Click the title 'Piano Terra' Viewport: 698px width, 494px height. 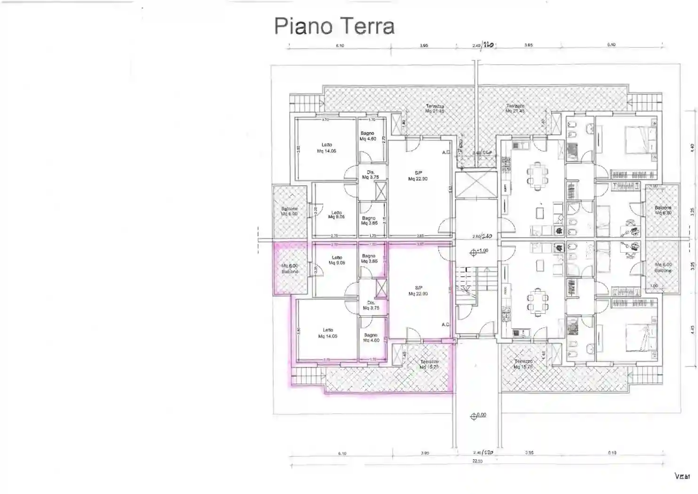click(334, 26)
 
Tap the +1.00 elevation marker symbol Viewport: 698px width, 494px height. click(473, 253)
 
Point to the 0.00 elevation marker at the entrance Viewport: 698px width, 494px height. click(473, 416)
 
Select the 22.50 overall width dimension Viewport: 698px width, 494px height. click(477, 462)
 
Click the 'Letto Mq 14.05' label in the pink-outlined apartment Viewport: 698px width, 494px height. click(327, 333)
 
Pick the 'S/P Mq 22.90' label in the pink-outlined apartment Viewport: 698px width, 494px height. click(418, 291)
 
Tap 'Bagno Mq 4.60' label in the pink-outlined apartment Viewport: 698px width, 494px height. click(371, 337)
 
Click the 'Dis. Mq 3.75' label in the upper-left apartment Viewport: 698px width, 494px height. click(371, 175)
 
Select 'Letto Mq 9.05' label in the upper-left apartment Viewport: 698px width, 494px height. click(336, 215)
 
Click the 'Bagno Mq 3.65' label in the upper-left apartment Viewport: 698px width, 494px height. click(369, 220)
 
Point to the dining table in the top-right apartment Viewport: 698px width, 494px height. click(536, 174)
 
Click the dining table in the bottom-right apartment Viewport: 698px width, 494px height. click(537, 301)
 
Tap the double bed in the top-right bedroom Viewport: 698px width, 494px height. click(631, 140)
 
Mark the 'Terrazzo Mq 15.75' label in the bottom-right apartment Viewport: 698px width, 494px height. click(523, 364)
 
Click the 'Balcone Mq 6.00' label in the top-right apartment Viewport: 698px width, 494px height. click(663, 210)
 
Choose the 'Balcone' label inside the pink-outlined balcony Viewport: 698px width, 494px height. click(290, 271)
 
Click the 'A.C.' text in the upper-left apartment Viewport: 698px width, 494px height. click(446, 152)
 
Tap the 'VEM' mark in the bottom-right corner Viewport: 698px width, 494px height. click(682, 477)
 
